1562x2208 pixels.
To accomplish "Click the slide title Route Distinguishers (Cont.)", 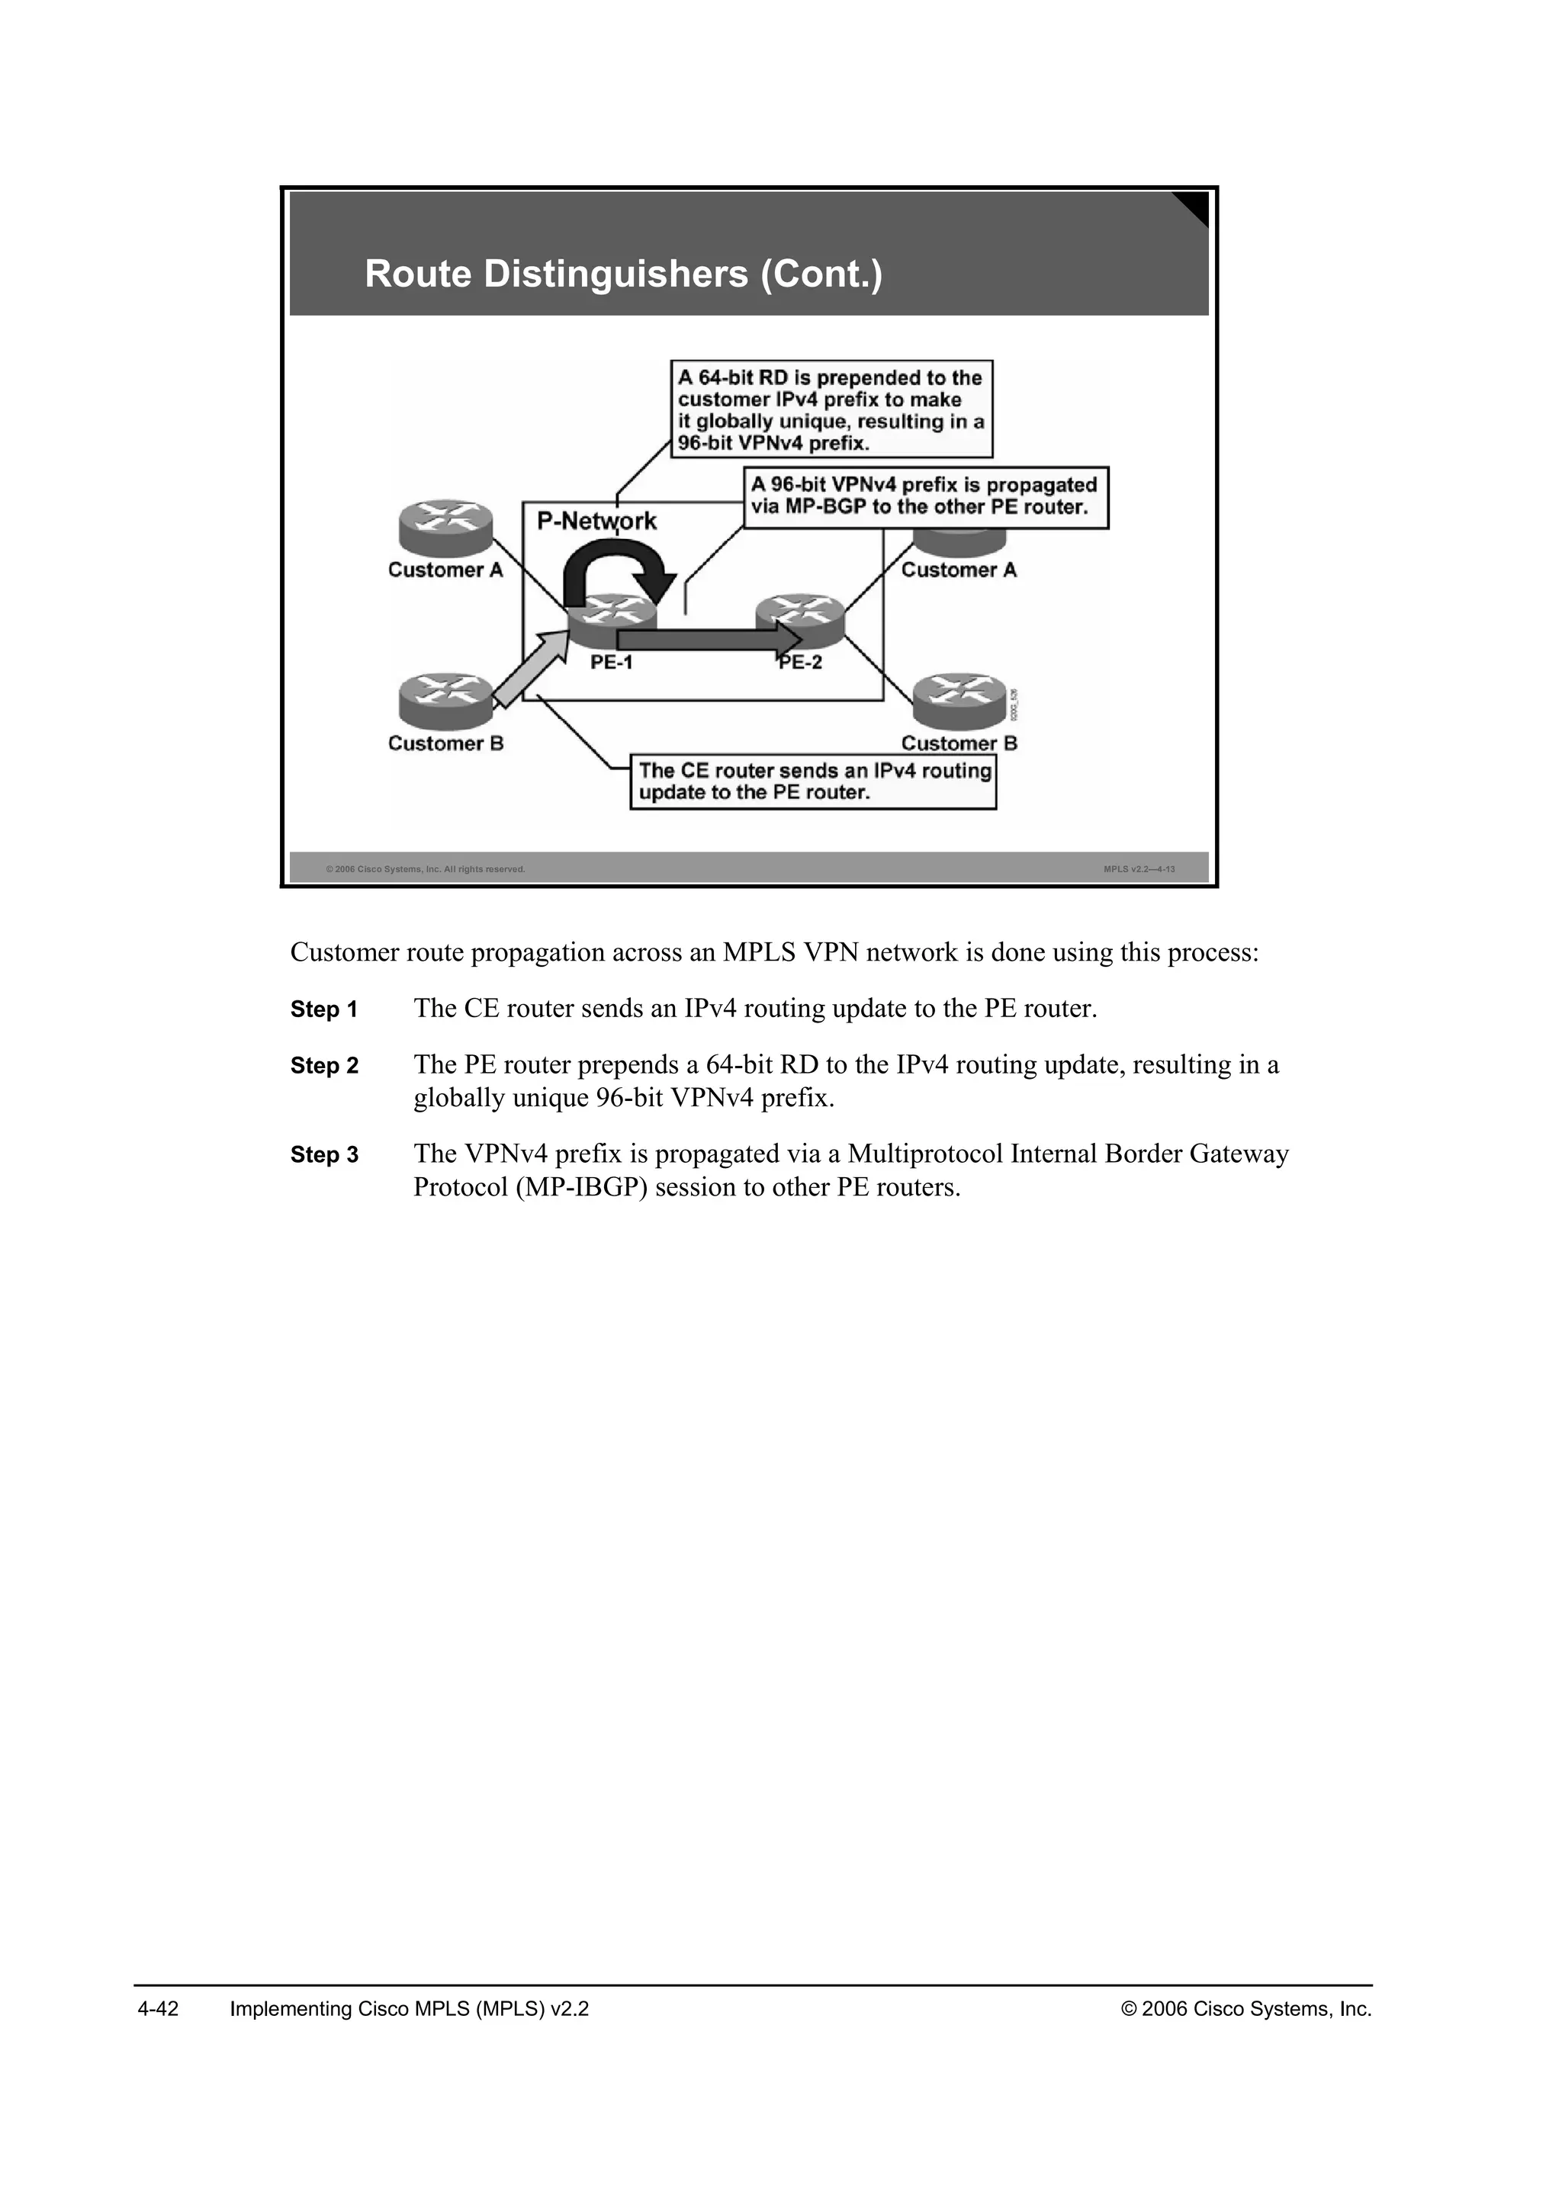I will tap(623, 274).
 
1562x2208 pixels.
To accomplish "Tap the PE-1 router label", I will tap(612, 663).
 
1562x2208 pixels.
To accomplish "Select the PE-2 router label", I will tap(801, 663).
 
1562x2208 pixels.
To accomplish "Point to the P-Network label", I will tap(596, 522).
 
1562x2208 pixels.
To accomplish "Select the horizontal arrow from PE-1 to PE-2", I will tap(708, 639).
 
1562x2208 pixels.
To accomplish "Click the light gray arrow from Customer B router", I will tap(531, 669).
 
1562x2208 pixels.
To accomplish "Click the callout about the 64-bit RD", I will tap(831, 409).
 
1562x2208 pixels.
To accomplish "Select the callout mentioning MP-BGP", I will tap(925, 497).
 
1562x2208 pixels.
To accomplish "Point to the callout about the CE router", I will tap(813, 781).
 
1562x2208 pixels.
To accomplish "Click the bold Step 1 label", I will tap(324, 1009).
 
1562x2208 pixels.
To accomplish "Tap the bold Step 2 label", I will tap(324, 1067).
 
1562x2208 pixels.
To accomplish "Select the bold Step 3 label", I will tap(324, 1155).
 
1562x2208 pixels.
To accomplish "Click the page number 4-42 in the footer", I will tap(159, 2009).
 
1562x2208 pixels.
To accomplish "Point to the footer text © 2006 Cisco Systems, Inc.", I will tap(1246, 2009).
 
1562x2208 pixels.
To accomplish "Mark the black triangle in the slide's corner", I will tap(1194, 206).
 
